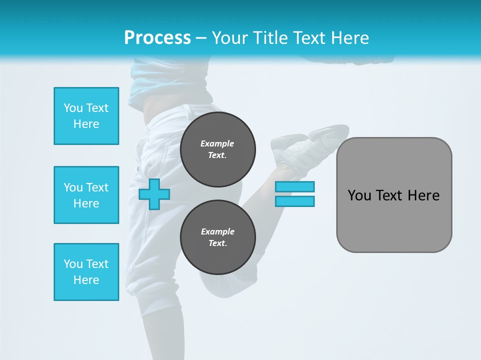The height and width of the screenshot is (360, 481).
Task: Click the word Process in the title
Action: pyautogui.click(x=157, y=38)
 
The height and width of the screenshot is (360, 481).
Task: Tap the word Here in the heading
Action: pyautogui.click(x=348, y=38)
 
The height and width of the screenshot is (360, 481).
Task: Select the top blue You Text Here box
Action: pyautogui.click(x=86, y=116)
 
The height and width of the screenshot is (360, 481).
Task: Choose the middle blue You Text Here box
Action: pyautogui.click(x=86, y=195)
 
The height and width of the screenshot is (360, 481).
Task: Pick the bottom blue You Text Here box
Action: pyautogui.click(x=86, y=272)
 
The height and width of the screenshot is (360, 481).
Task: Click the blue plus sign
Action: pyautogui.click(x=154, y=194)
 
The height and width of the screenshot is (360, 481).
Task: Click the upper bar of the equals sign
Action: pyautogui.click(x=295, y=186)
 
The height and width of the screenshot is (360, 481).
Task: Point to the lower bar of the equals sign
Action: pyautogui.click(x=295, y=201)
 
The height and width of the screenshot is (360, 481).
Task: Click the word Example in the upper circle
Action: pyautogui.click(x=217, y=143)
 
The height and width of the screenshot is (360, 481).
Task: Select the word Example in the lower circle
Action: pyautogui.click(x=217, y=231)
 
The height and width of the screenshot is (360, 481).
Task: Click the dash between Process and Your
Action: pyautogui.click(x=201, y=38)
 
